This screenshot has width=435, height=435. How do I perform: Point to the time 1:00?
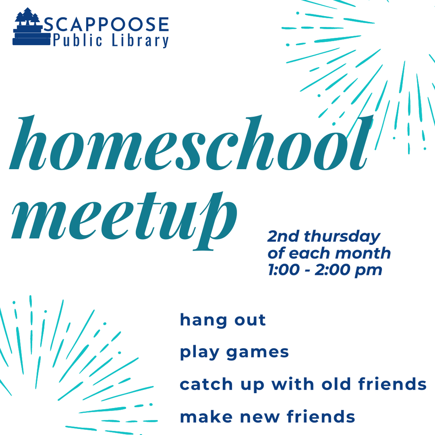[283, 270]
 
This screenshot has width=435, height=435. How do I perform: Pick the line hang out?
[223, 320]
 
